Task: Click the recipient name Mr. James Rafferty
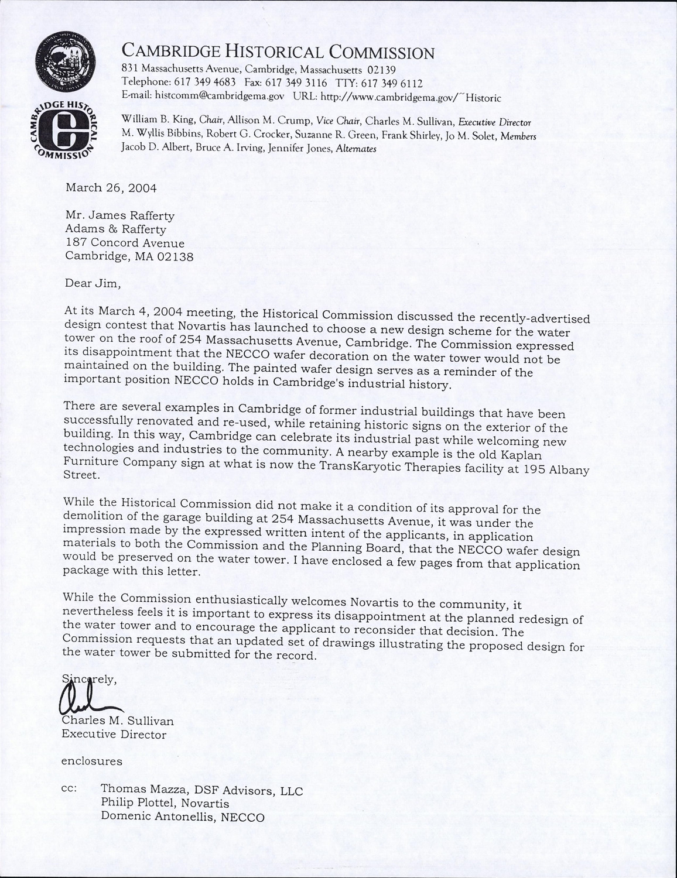119,215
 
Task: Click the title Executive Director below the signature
114,735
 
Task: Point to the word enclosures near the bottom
92,762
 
